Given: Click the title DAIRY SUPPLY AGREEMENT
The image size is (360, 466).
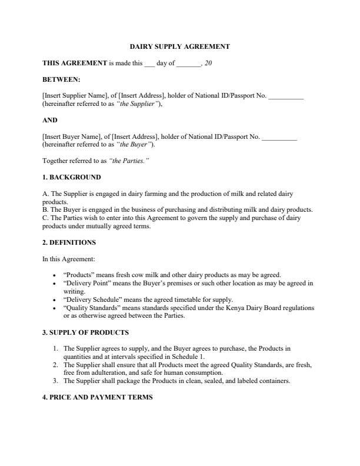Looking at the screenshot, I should (179, 46).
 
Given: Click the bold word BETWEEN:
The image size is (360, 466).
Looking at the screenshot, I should (62, 79).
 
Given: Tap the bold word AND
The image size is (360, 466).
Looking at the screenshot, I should (50, 120).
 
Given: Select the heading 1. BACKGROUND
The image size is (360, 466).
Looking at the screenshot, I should (71, 177).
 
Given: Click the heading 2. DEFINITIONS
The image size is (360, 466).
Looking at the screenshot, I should (69, 242).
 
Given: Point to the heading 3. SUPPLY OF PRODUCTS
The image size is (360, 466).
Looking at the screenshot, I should (85, 332).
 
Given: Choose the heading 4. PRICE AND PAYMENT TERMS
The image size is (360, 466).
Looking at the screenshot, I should (97, 398).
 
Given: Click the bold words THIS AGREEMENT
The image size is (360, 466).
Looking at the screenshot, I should (75, 62).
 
